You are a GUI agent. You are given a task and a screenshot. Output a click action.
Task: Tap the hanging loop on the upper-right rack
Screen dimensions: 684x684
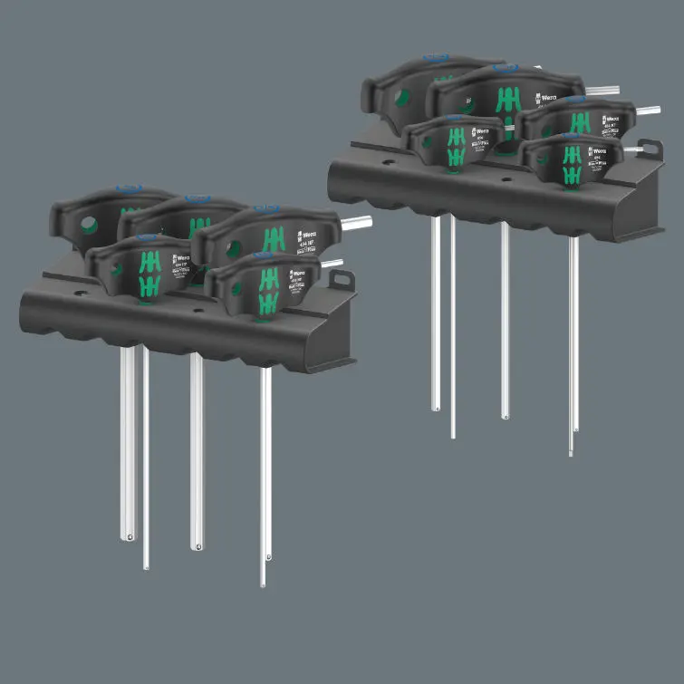point(650,148)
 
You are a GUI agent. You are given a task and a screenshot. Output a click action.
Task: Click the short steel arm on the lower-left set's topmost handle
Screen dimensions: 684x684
point(358,220)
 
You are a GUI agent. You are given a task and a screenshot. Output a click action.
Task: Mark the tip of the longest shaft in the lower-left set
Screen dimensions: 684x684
point(264,584)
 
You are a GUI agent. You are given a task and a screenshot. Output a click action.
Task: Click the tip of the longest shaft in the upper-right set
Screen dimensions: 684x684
point(571,452)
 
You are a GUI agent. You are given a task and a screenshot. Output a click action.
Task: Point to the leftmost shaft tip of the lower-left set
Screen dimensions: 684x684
point(128,538)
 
